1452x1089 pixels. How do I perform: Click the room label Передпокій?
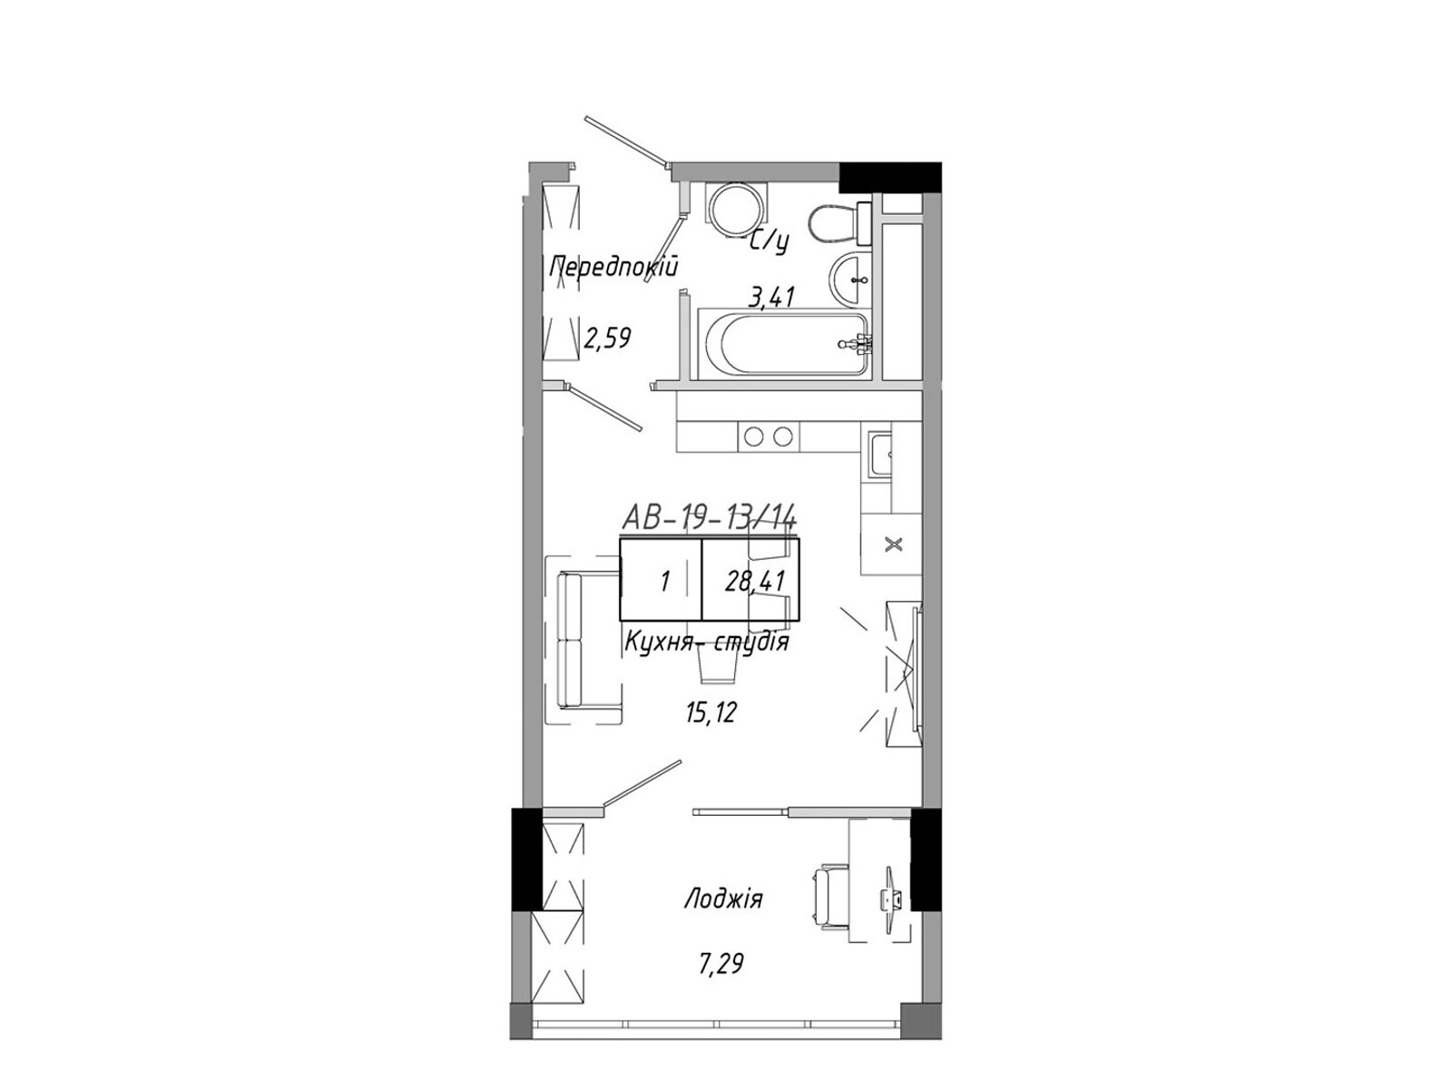613,268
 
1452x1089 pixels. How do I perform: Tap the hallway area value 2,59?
607,338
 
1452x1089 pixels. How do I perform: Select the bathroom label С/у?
770,243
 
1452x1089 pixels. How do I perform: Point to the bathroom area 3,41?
770,298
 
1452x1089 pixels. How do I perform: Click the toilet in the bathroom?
839,223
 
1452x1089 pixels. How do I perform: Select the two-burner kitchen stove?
768,437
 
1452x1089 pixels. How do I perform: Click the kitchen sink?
879,455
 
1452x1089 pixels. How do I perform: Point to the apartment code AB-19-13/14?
709,516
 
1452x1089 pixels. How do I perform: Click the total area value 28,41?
755,582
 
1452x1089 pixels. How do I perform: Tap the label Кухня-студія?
706,641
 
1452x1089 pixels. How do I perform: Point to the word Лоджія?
723,899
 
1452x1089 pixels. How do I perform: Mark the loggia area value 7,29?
721,964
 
